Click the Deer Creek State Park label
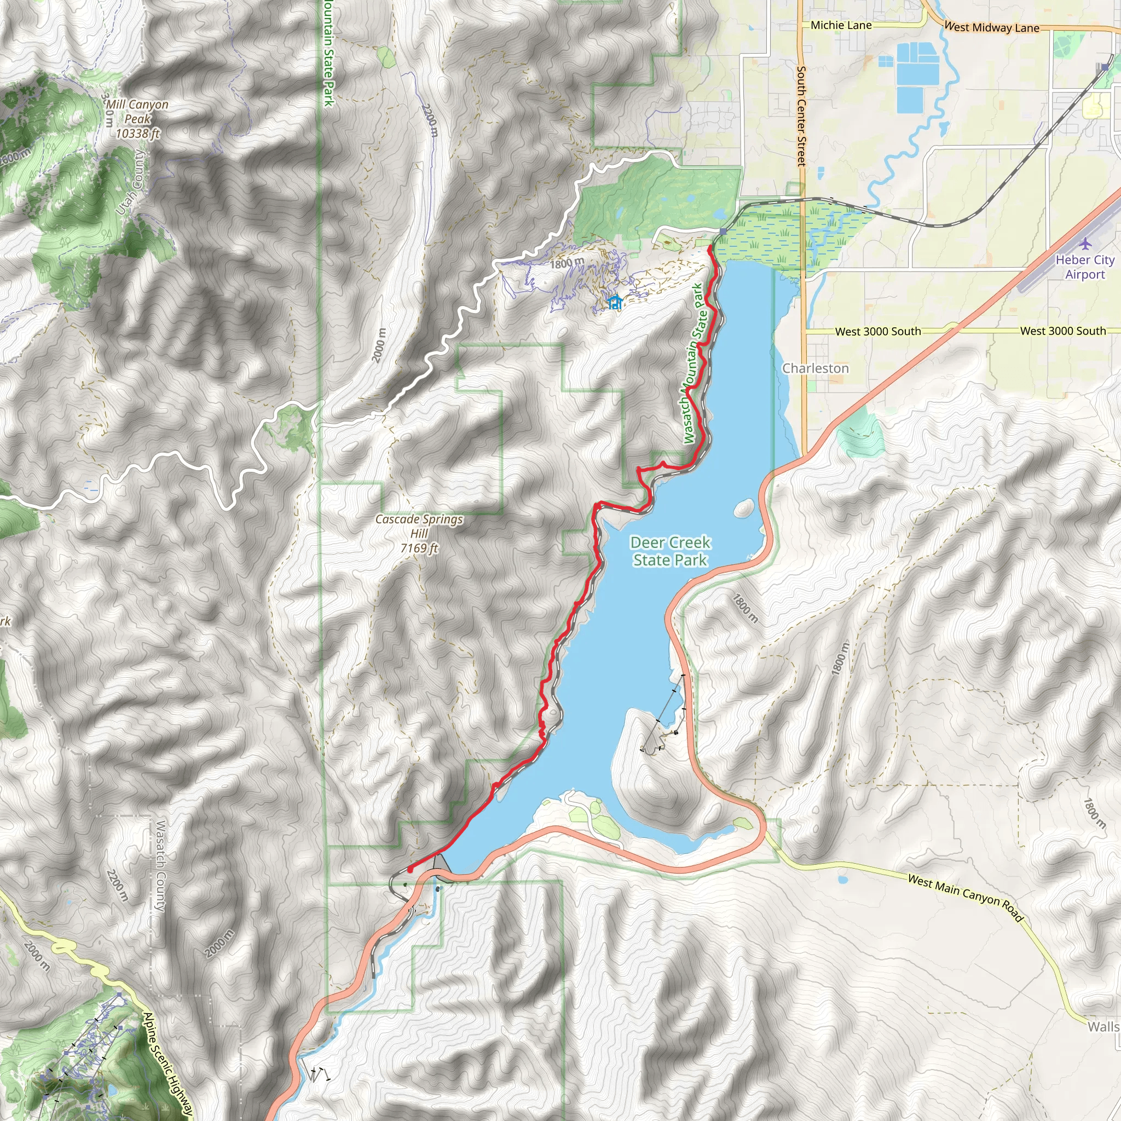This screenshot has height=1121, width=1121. click(670, 551)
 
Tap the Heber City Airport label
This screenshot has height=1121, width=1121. click(1084, 267)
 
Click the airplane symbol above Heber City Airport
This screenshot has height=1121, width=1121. click(1085, 242)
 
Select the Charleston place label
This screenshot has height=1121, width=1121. click(815, 368)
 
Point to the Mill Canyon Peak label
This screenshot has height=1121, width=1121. click(137, 119)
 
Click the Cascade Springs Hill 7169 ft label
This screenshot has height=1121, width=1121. click(419, 533)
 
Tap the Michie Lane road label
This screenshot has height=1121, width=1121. click(841, 26)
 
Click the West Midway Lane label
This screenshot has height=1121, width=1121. click(992, 27)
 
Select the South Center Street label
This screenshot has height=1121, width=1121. click(801, 116)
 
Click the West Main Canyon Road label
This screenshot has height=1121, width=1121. click(966, 897)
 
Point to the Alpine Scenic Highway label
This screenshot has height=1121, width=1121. click(167, 1065)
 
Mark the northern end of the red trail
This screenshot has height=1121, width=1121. click(710, 248)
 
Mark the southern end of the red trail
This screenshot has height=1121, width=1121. click(410, 870)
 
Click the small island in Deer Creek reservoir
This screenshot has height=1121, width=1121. click(744, 509)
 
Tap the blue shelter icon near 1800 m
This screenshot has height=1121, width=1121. click(615, 302)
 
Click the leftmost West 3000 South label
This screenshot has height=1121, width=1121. click(878, 331)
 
